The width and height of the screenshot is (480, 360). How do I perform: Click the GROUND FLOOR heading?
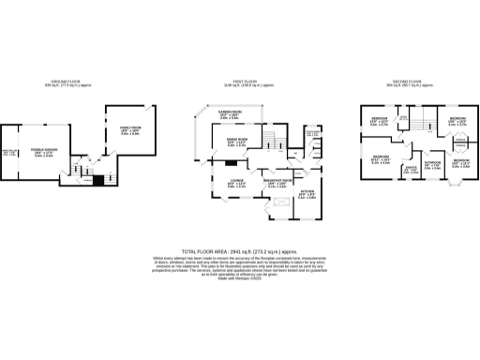[x=69, y=82]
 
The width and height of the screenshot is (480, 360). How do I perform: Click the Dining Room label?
[x=235, y=144]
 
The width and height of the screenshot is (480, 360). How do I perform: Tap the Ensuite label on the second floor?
[x=410, y=170]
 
